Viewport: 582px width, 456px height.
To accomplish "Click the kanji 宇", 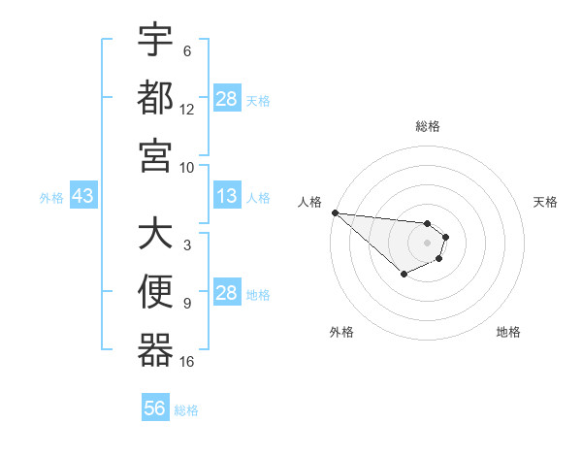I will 155,40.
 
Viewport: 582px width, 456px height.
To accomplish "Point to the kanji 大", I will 155,234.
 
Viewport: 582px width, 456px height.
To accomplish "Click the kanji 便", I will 155,292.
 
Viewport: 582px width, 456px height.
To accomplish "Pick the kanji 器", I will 155,349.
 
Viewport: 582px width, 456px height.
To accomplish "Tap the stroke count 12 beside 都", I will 187,110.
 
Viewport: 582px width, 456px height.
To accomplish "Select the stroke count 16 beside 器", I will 187,362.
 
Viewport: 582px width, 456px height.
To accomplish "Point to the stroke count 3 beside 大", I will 186,245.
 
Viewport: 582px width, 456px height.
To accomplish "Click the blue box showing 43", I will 82,197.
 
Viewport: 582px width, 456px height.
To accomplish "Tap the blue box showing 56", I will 155,409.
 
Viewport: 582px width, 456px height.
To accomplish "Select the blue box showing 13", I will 227,197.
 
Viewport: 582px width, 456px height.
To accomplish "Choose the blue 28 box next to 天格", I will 227,99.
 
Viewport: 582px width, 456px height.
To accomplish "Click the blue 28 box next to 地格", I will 227,294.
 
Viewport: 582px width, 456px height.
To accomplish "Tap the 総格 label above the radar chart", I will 428,126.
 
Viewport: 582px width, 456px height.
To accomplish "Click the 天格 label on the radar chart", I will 546,202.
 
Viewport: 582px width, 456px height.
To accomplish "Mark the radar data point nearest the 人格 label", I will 335,212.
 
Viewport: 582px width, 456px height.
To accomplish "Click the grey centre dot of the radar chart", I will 427,242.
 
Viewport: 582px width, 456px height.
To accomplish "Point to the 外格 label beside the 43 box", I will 51,198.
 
